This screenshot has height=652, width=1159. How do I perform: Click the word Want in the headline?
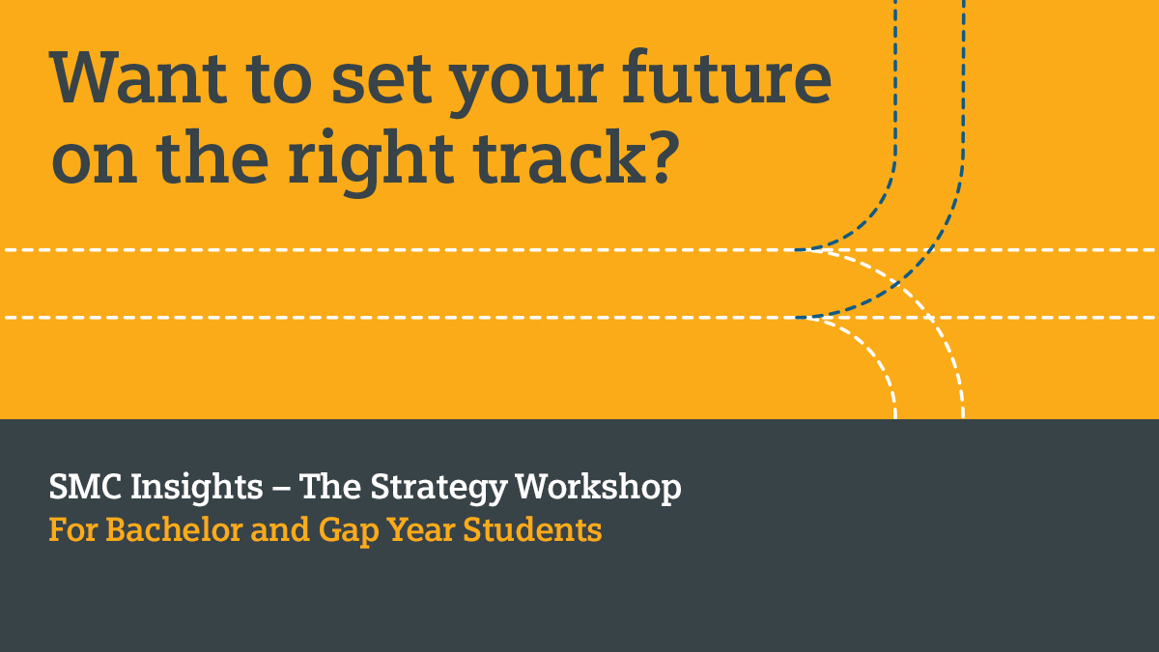pos(138,76)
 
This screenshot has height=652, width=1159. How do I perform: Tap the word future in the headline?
pos(726,75)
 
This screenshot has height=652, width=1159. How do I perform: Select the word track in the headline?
pos(560,156)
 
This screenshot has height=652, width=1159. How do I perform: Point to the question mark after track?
pos(665,156)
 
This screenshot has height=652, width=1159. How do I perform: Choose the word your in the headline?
pos(526,87)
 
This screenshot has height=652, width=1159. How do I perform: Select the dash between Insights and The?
pos(281,489)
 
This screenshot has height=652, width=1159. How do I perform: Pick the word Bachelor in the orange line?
pos(175,529)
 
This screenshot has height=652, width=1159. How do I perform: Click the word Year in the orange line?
pos(421,529)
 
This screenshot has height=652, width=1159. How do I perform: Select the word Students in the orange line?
pos(532,529)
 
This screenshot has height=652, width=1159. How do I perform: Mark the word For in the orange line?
pos(73,529)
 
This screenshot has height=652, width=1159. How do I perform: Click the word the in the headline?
pos(212,156)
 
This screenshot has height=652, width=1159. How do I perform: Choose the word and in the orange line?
pos(280,529)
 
